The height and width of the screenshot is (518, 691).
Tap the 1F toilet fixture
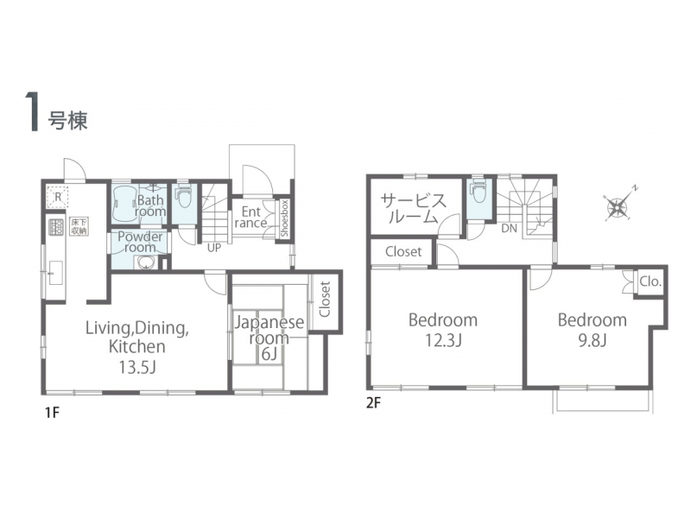point(184,197)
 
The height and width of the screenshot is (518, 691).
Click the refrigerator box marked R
point(58,197)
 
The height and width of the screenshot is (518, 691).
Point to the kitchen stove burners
point(55,227)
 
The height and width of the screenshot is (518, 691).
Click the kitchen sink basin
point(55,273)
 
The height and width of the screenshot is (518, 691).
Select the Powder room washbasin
point(146,262)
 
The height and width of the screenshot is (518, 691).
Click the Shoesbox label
point(284,218)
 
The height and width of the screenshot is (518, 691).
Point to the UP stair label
point(213,248)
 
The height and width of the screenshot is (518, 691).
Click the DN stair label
point(509,228)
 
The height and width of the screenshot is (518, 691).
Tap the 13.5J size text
point(137,366)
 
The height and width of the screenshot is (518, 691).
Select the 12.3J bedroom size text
point(443,339)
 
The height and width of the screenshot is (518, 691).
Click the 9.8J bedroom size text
point(593,339)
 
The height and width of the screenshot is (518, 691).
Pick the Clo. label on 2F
point(650,281)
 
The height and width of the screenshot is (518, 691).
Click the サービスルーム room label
point(414,208)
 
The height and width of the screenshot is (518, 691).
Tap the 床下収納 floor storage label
point(79,227)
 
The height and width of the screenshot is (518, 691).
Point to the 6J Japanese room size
point(269,354)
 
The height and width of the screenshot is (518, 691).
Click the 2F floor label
point(373,403)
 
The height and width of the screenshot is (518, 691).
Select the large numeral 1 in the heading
point(32,112)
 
